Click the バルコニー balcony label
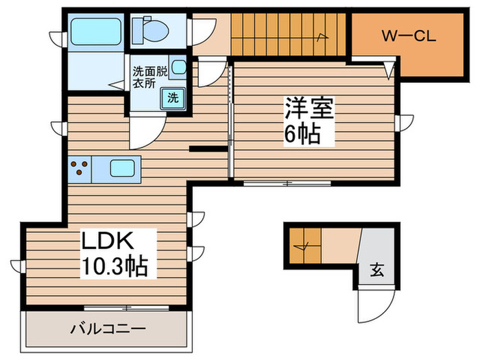tap(108, 328)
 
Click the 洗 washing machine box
tap(173, 97)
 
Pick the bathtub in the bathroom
tap(95, 29)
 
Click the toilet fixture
tap(149, 27)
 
